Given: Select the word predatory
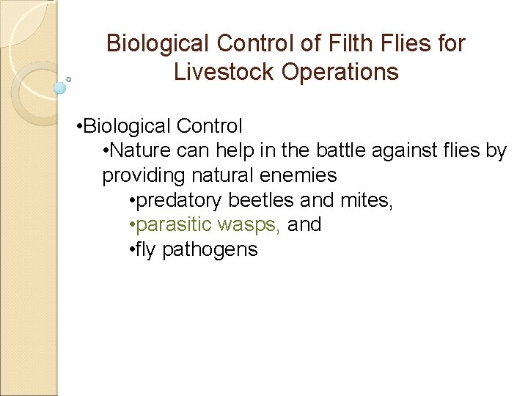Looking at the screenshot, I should coord(177,200).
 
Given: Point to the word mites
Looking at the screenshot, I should coord(369,200).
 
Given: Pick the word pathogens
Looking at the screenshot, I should coord(210,249).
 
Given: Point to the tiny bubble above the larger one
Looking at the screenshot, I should coord(69,78).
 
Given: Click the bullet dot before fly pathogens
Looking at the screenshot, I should coord(129,249).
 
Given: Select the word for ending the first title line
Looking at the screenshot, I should coord(450,43).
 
